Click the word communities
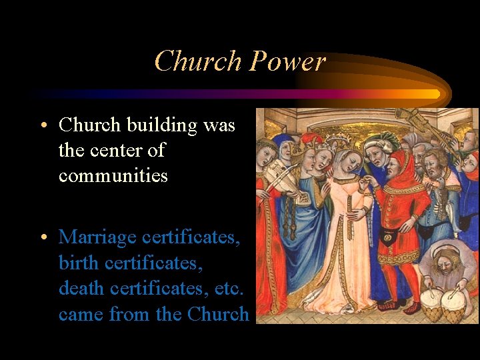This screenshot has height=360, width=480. [x=113, y=176]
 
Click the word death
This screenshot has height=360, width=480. [x=79, y=289]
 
